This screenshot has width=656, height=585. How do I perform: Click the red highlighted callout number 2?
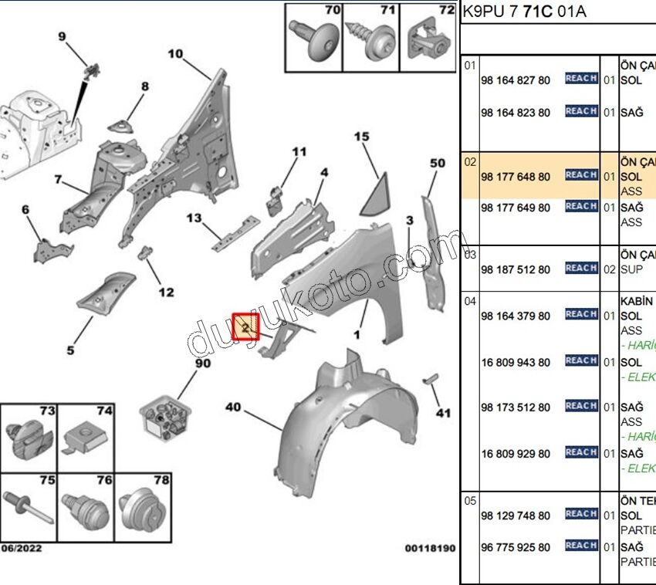coord(246,327)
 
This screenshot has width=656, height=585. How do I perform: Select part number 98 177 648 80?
coord(515,177)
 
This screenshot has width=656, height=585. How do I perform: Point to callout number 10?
coord(175,54)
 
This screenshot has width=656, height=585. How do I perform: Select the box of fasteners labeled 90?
coord(167,416)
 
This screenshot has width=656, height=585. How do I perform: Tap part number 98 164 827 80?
coord(515,80)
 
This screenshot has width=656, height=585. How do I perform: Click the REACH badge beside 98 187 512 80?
coord(581,269)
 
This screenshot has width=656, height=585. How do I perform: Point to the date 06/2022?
coord(22,549)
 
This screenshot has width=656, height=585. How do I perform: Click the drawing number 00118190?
coord(430,549)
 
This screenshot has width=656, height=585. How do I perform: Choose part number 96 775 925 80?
coord(515,547)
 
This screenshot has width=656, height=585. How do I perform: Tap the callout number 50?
coord(437,163)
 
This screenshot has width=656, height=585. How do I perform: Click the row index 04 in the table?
coord(471,301)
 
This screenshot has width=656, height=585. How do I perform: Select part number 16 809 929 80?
coord(515,453)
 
